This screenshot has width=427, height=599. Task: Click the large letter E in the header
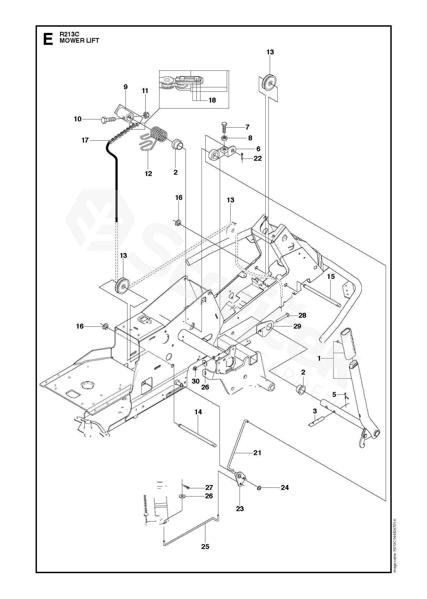coord(48,39)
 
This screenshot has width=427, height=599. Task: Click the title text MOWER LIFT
coord(79,41)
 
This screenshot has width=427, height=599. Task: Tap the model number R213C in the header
coord(69,35)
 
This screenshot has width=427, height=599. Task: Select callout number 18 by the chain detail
coord(212,100)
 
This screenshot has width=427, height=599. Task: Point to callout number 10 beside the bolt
coord(78,119)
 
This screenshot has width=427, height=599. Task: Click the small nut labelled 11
coord(145,115)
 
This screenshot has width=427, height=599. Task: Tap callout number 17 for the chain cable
coord(85,140)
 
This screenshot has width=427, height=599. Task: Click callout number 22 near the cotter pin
coord(258,158)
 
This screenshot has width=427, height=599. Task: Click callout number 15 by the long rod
coord(331,276)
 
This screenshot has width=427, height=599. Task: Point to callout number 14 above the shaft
coord(198,412)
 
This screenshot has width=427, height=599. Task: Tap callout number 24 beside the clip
coord(285,487)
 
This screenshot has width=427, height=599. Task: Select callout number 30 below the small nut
coord(196,381)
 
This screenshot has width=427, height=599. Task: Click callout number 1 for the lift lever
coord(319,359)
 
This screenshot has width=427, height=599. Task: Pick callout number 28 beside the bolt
coord(302,315)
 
